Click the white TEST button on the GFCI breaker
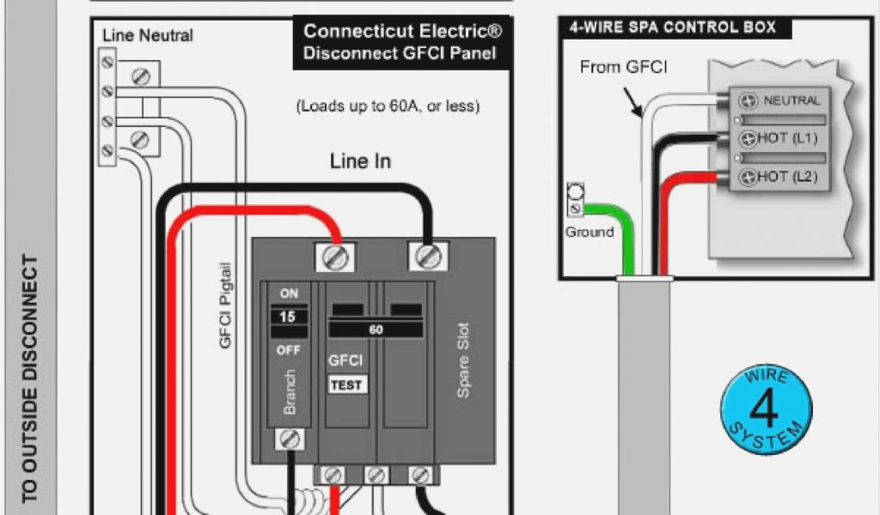[x=346, y=385]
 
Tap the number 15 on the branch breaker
[x=289, y=317]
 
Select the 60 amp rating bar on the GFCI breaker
[x=376, y=330]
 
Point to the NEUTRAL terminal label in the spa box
[x=791, y=100]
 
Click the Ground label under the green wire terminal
[x=589, y=232]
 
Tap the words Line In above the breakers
[x=360, y=161]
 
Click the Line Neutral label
[x=147, y=36]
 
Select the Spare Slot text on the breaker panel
[x=463, y=360]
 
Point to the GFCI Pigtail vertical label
[x=226, y=305]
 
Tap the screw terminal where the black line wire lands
[x=426, y=256]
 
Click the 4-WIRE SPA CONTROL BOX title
[x=672, y=27]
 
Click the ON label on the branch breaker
[x=289, y=294]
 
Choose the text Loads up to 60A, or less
[x=388, y=107]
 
